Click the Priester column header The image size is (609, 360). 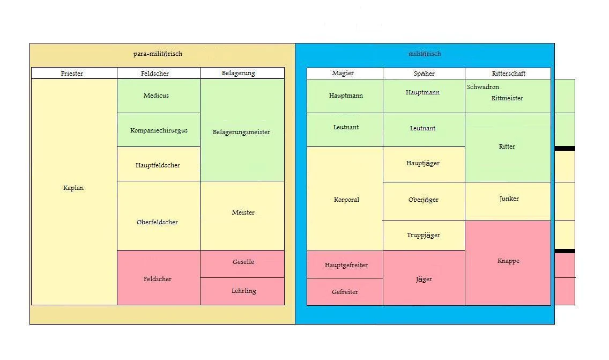pos(72,74)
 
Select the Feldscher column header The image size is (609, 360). pos(155,74)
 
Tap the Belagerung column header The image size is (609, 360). pos(239,73)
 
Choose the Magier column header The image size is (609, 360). pos(343,73)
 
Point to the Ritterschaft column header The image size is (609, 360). pos(508,74)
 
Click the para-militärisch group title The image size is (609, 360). pos(158,54)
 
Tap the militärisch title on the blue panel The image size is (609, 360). pos(425,54)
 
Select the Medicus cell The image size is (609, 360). pos(156,95)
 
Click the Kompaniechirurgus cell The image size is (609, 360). pos(159,130)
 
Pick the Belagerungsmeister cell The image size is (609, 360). pos(241,132)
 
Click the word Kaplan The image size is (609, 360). pos(73,188)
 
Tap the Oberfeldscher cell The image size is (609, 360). pos(157,222)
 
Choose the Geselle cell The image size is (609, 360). pos(243,262)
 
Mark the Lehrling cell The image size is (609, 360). pos(243,291)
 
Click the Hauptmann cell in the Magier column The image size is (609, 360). pos(346,95)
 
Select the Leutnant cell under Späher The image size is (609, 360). pos(422,128)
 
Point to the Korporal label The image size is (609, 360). pos(346,200)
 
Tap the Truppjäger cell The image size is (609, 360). pos(423,235)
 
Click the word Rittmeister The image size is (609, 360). pos(507,98)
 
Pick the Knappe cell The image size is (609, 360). pos(508,261)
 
